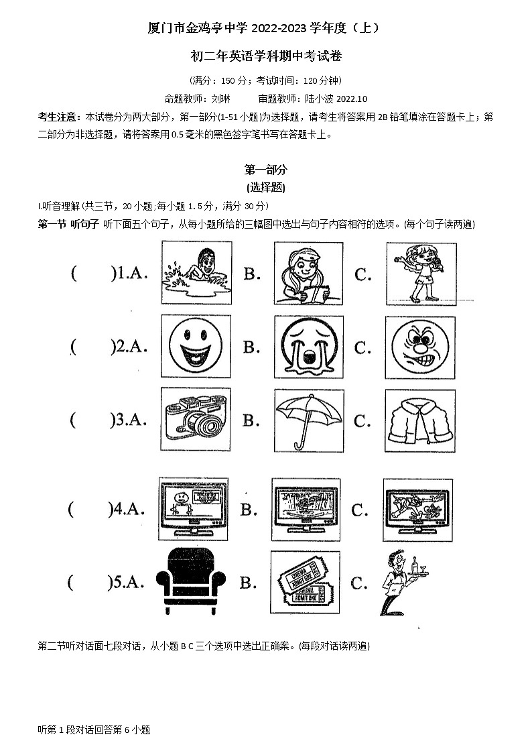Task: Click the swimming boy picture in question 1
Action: point(197,273)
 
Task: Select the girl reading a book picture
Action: point(308,274)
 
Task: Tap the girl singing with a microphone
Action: point(420,274)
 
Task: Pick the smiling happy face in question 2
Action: point(196,346)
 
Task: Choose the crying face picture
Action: point(308,347)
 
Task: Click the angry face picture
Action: point(419,347)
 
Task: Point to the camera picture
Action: point(196,420)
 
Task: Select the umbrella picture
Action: point(308,420)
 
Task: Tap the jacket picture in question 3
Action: point(420,420)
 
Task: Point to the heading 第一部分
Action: point(265,170)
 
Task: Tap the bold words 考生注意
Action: point(60,117)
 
